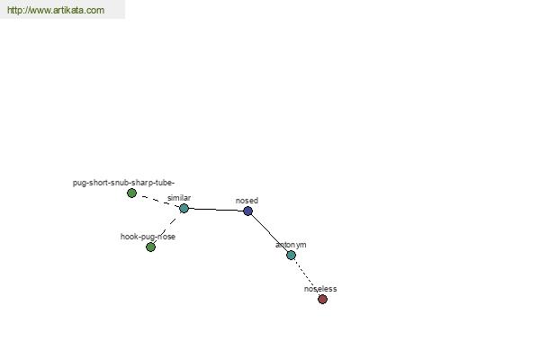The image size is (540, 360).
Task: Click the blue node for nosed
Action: point(248,211)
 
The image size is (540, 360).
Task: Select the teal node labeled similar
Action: point(184,208)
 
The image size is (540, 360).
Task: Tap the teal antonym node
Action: point(291,255)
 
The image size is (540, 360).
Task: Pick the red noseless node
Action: point(322,299)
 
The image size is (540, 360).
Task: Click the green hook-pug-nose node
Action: point(150,247)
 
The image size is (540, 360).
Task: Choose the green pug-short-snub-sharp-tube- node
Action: point(131,193)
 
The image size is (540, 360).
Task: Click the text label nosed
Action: point(247,201)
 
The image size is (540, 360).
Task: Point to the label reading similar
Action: point(179,198)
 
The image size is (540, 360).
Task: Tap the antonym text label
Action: point(291,245)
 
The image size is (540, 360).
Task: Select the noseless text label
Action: point(320,289)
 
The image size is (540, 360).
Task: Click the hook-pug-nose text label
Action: point(148,237)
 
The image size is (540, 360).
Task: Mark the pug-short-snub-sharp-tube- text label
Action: point(123,183)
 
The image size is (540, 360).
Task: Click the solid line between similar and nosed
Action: point(216,210)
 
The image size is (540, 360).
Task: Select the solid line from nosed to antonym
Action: point(269,233)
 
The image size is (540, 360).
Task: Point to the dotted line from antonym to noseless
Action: point(307,277)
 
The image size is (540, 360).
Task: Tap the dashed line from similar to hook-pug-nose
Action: point(167,228)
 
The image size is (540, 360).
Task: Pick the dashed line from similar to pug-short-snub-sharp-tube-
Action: point(157,201)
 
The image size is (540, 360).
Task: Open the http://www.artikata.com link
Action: point(56,10)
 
